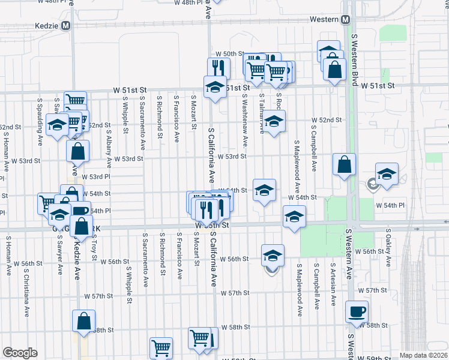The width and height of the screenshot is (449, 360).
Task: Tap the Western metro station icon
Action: pos(345,19)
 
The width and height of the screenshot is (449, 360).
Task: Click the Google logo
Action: pos(20,353)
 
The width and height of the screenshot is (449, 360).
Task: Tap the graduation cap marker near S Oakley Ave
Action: pos(387,174)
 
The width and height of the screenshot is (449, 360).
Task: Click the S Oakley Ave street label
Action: pos(388,247)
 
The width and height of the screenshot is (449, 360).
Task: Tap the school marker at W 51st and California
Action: pos(214,87)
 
